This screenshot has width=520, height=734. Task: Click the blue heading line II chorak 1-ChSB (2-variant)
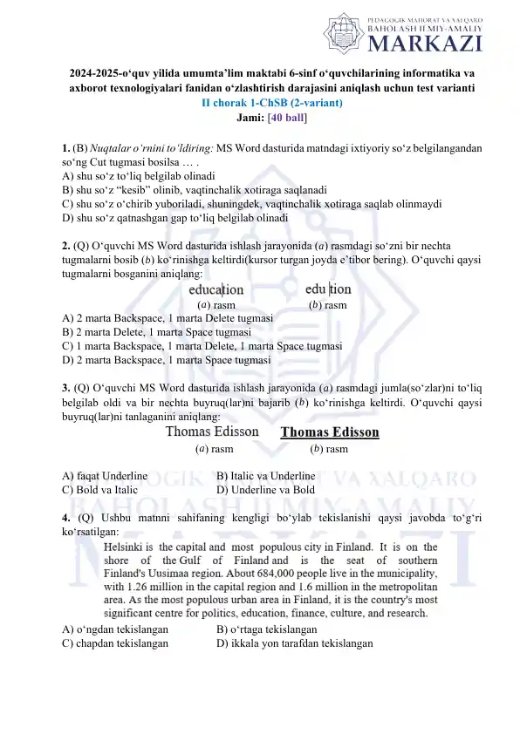[272, 102]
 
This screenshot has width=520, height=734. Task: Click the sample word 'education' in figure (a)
[216, 289]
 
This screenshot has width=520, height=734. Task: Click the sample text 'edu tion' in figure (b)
[328, 289]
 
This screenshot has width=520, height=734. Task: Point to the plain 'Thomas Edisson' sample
[212, 432]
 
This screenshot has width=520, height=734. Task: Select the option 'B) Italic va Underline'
[265, 476]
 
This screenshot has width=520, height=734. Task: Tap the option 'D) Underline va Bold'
[265, 490]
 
